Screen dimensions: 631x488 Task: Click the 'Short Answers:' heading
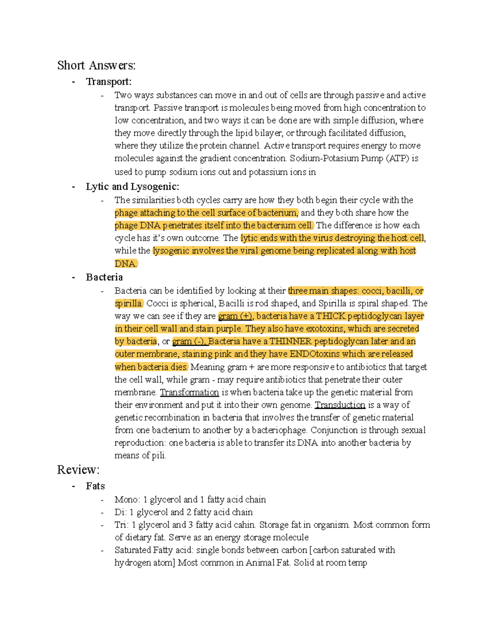[96, 65]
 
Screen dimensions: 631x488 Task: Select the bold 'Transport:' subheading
[109, 82]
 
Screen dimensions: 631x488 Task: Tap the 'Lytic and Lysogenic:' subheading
[132, 186]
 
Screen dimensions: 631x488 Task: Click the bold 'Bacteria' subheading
[104, 277]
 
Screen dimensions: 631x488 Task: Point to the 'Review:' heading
[78, 470]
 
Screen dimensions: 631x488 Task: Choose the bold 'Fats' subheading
[95, 486]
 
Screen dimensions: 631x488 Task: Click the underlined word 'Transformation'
[189, 392]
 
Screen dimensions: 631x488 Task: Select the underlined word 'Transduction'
[340, 405]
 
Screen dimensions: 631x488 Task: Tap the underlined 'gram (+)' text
[235, 316]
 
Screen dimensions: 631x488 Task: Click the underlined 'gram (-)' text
[189, 341]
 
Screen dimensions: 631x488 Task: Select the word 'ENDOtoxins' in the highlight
[315, 354]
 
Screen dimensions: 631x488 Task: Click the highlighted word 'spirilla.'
[129, 304]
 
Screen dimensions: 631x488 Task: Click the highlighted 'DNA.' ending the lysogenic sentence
[126, 264]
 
